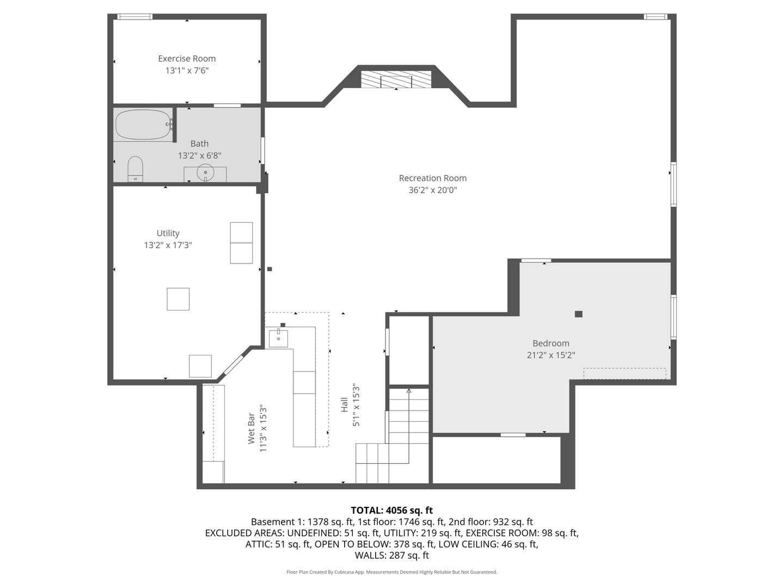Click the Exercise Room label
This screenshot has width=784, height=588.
(x=187, y=59)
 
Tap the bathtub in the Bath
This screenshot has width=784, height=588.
(x=143, y=125)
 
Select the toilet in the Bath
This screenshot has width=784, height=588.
(x=136, y=169)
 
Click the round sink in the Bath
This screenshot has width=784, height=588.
(x=205, y=173)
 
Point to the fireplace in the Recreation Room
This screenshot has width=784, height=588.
(x=396, y=79)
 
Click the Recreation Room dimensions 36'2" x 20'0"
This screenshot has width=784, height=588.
(x=432, y=190)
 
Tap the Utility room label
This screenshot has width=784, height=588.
(x=168, y=233)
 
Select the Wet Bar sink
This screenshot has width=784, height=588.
(x=278, y=338)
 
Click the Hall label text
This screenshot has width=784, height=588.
(x=344, y=405)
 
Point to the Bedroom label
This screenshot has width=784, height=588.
(x=551, y=343)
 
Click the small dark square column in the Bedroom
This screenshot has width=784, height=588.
(x=579, y=314)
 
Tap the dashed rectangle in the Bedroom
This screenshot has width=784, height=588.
(x=624, y=373)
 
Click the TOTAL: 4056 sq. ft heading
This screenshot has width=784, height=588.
(x=392, y=510)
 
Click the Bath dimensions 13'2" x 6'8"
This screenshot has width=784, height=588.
(x=200, y=156)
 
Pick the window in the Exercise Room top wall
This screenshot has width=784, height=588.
(x=135, y=16)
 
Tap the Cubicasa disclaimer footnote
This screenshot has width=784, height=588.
(x=392, y=572)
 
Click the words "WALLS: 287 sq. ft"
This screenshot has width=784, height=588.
(x=392, y=555)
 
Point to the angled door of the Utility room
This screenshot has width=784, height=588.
(x=234, y=364)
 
